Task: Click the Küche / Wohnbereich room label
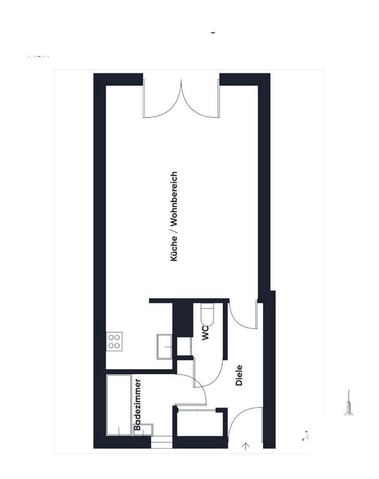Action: point(174,216)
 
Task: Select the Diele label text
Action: point(239,375)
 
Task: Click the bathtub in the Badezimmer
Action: point(119,405)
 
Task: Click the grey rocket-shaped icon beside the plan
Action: point(348,403)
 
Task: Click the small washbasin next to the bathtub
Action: point(143,430)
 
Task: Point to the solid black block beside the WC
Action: point(182,317)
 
